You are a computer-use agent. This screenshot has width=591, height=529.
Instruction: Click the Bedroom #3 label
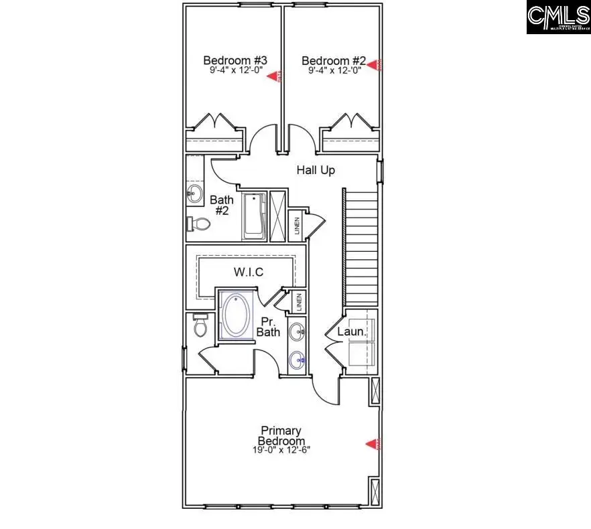(x=231, y=60)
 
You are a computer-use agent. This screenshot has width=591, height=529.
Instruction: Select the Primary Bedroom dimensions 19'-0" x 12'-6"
(x=281, y=450)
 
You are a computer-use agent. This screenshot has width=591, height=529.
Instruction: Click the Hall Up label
(x=316, y=171)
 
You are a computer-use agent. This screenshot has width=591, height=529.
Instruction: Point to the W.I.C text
(x=248, y=272)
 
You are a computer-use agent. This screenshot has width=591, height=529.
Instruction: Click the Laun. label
(x=351, y=331)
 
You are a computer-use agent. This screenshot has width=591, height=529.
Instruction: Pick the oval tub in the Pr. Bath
(x=235, y=315)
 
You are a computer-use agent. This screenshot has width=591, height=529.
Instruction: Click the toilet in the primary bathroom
(x=200, y=326)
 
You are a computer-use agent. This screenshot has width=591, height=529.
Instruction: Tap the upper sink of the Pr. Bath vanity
(x=298, y=330)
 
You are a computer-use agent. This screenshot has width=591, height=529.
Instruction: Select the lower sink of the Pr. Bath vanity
(x=298, y=360)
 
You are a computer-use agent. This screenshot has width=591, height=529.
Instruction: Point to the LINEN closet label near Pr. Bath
(x=298, y=302)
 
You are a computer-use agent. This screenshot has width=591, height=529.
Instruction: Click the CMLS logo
(x=557, y=18)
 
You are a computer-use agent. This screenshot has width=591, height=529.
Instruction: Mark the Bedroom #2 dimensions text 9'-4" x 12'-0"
(x=334, y=70)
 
